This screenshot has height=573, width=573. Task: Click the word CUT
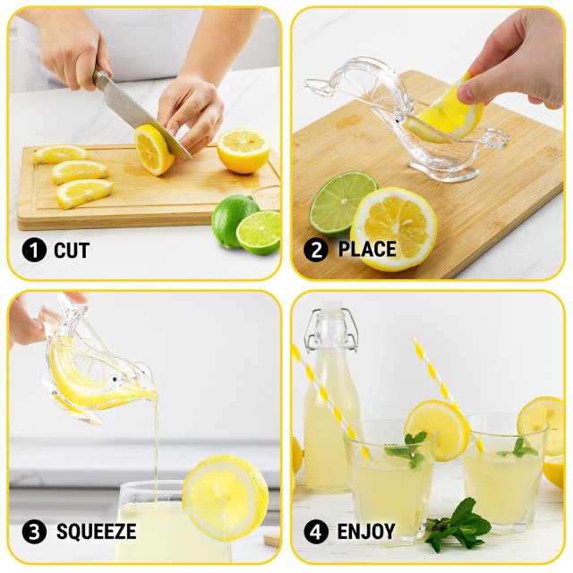71,251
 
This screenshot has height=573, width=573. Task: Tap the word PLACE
367,250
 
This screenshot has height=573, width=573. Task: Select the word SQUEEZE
96,532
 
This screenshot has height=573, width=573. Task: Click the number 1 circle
33,251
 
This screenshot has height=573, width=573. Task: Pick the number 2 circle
315,250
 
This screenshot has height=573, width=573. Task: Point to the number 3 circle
33,532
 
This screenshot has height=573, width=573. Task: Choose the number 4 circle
315,532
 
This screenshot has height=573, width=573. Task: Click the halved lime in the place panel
342,201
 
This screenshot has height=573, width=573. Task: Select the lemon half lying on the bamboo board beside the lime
394,228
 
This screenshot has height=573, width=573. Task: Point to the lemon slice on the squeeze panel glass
225,497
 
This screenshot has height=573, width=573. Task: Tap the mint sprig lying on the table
458,527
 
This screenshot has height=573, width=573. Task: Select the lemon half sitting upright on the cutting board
244,150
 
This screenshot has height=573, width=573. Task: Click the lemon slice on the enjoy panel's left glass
436,430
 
